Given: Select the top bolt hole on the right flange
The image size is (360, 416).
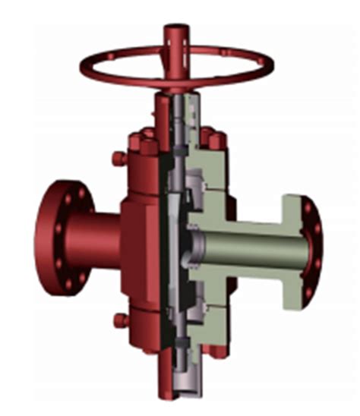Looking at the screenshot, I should point(308,204).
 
